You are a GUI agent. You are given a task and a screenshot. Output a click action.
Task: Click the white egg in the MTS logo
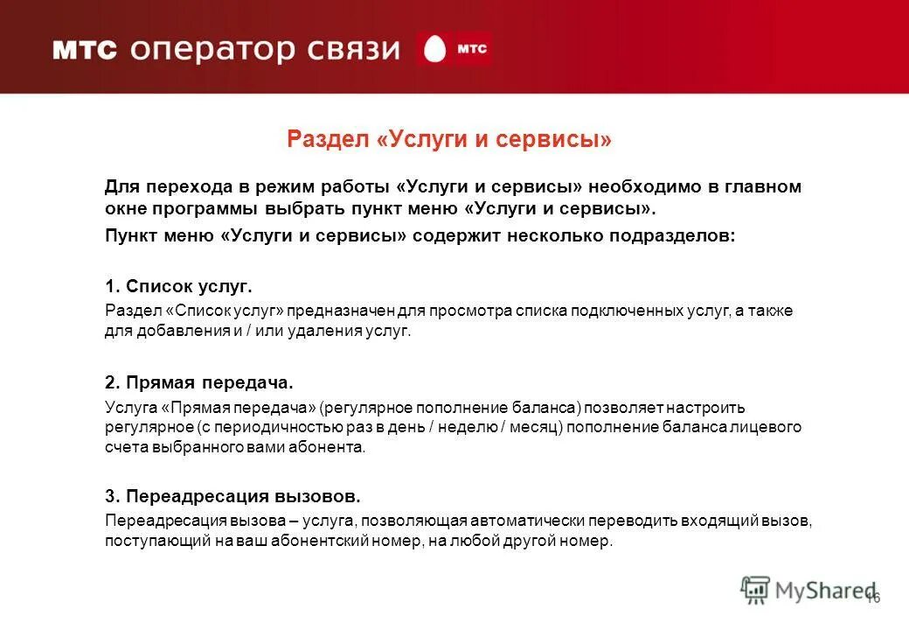click(x=434, y=50)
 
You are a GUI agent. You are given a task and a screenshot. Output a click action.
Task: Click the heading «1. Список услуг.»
click(x=178, y=286)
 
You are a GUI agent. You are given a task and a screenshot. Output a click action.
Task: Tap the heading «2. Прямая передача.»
click(x=199, y=383)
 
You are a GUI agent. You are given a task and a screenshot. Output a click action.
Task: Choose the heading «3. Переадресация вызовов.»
click(x=232, y=496)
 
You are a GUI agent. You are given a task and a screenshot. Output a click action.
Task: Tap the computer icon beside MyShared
click(x=755, y=590)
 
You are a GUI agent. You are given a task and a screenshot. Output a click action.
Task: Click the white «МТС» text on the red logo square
click(x=471, y=50)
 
